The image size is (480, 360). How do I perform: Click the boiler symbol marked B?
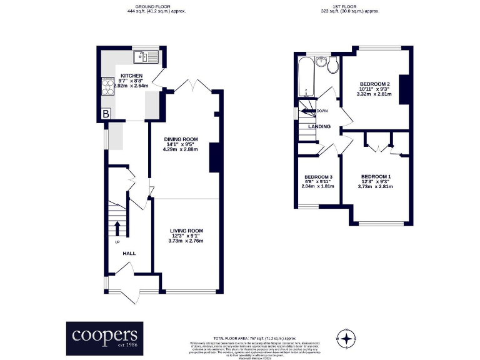click(106, 114)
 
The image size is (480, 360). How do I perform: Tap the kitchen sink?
click(146, 57)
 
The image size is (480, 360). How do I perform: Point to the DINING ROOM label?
click(181, 139)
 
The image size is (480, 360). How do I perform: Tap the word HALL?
click(129, 253)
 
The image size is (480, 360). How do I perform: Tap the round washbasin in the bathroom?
click(321, 61)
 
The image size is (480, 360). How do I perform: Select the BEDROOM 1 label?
click(376, 176)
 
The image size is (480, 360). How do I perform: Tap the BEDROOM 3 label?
click(317, 177)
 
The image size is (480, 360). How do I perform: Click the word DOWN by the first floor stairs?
click(322, 111)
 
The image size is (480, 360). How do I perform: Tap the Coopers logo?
click(104, 339)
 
